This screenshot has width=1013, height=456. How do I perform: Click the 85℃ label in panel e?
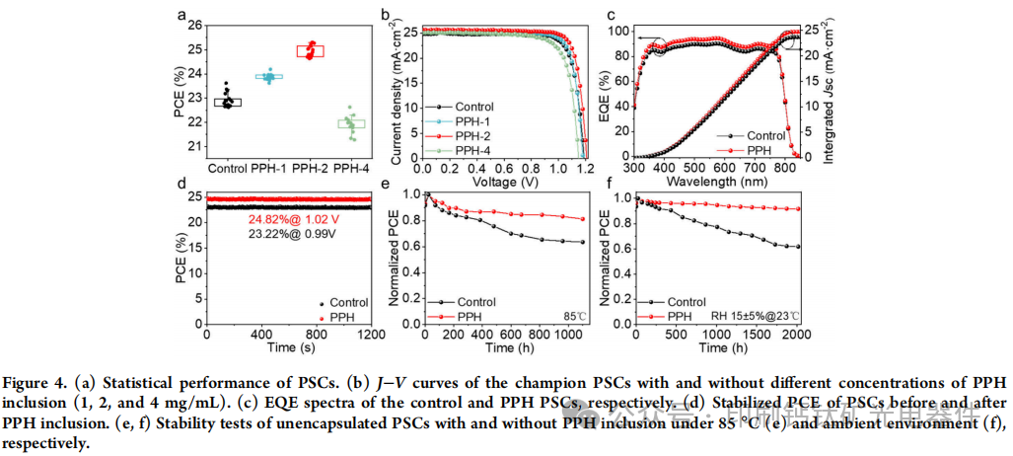click(572, 317)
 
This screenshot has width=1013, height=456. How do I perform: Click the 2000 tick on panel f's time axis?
click(796, 337)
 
